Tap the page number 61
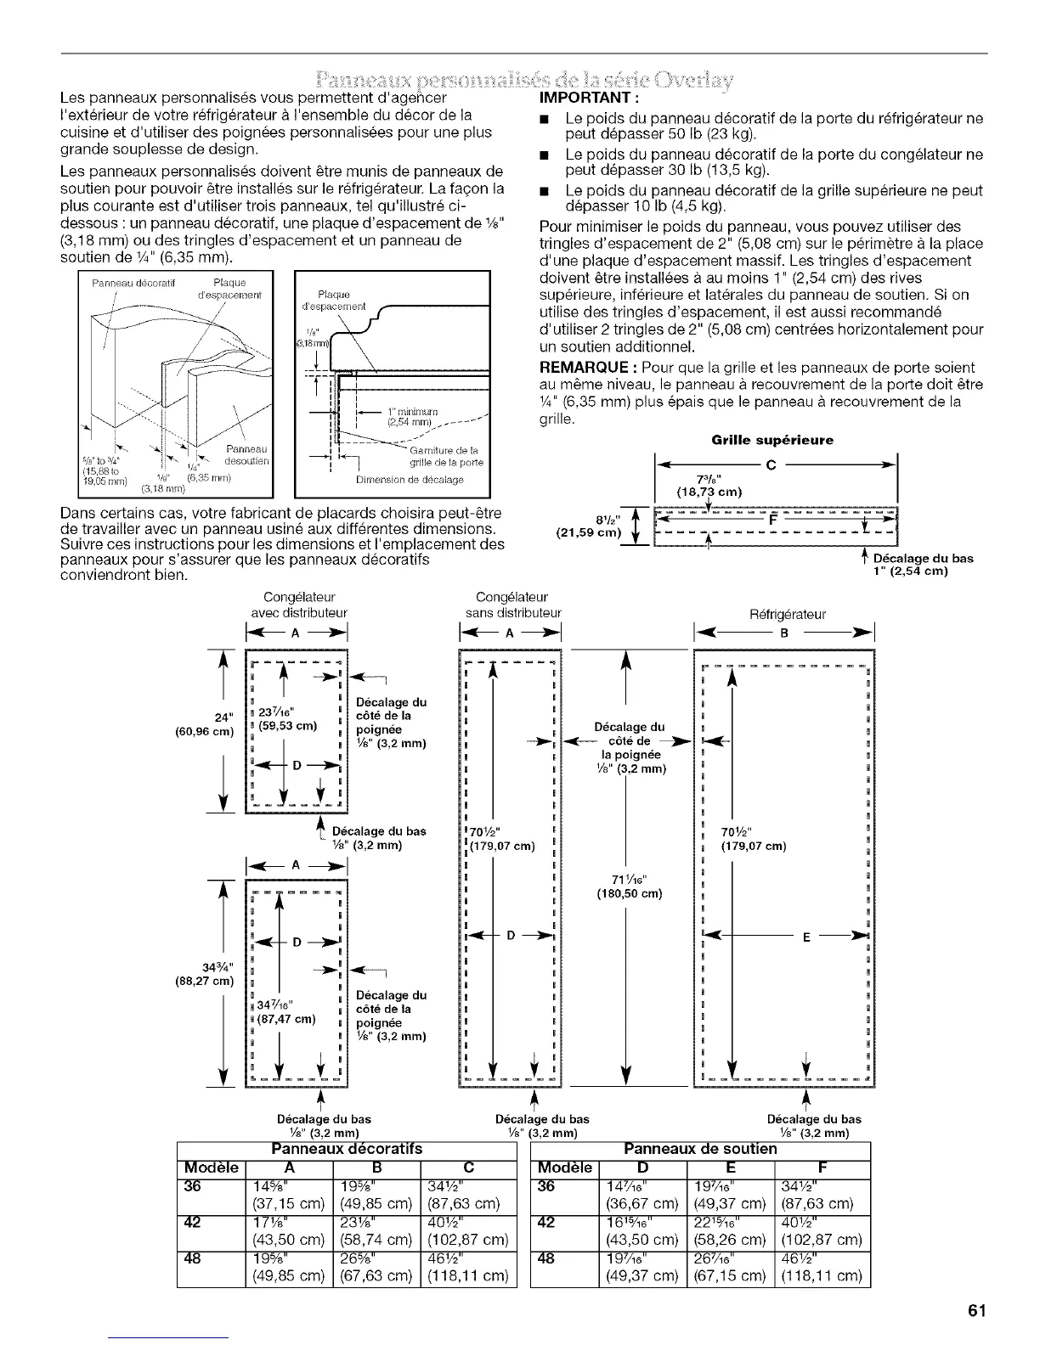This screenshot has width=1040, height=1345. coord(975,1310)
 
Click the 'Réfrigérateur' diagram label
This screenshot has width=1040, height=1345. coord(787,615)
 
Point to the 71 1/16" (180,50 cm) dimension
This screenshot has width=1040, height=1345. coord(629,886)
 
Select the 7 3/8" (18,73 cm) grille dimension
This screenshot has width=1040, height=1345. coord(709,486)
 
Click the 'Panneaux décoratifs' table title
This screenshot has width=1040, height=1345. coord(346,1149)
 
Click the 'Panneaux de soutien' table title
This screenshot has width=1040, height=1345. coord(700,1149)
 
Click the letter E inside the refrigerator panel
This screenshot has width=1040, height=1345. coord(805,938)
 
